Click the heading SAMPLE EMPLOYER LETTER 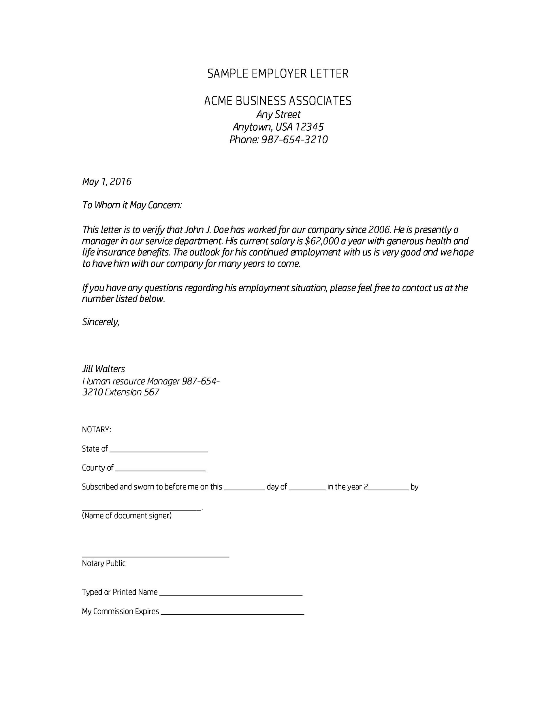tap(278, 74)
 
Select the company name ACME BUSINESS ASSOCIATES tap(278, 101)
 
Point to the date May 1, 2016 tap(107, 182)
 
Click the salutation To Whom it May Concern tap(132, 205)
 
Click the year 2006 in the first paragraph tap(379, 230)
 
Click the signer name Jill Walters tap(104, 369)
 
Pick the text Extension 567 tap(132, 393)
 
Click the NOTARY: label tap(96, 430)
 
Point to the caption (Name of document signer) tap(127, 516)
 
